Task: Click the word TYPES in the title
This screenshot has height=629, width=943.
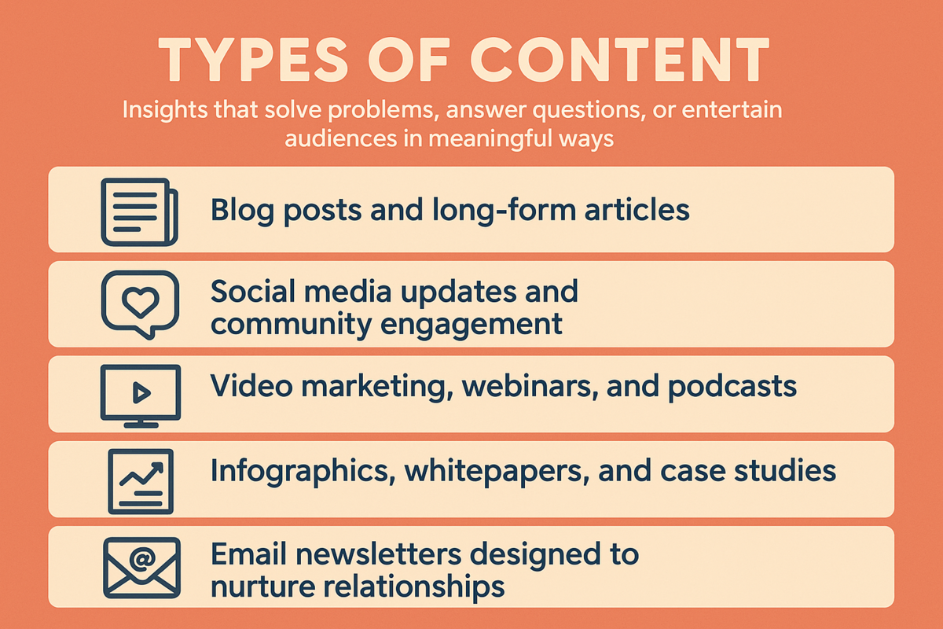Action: pos(253,60)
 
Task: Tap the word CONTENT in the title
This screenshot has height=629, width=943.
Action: pos(620,60)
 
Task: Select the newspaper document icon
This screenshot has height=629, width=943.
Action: pos(139,212)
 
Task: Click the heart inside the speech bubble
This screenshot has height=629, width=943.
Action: pos(140,302)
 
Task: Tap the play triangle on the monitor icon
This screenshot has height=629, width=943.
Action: pos(141,393)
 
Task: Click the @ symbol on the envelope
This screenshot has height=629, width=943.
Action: pos(143,559)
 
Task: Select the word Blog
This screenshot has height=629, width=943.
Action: pos(242,211)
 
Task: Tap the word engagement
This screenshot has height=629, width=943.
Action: pos(471,325)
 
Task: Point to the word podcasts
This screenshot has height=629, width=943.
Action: pos(732,387)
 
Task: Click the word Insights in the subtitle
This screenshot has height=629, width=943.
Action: pos(164,110)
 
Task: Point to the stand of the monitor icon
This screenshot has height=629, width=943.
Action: pos(141,423)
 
